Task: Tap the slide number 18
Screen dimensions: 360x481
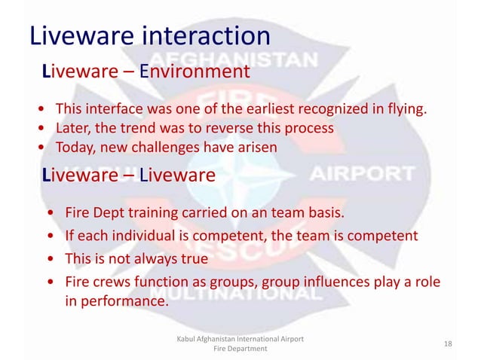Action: (448, 343)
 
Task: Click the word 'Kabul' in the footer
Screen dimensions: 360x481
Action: (187, 339)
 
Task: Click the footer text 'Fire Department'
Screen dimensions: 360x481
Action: (240, 350)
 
